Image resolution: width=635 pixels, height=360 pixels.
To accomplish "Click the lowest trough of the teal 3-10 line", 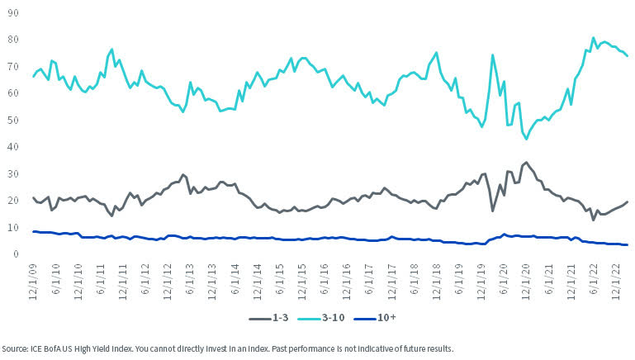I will [x=527, y=139].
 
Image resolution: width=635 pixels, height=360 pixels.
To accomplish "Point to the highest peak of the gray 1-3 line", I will [x=526, y=163].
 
